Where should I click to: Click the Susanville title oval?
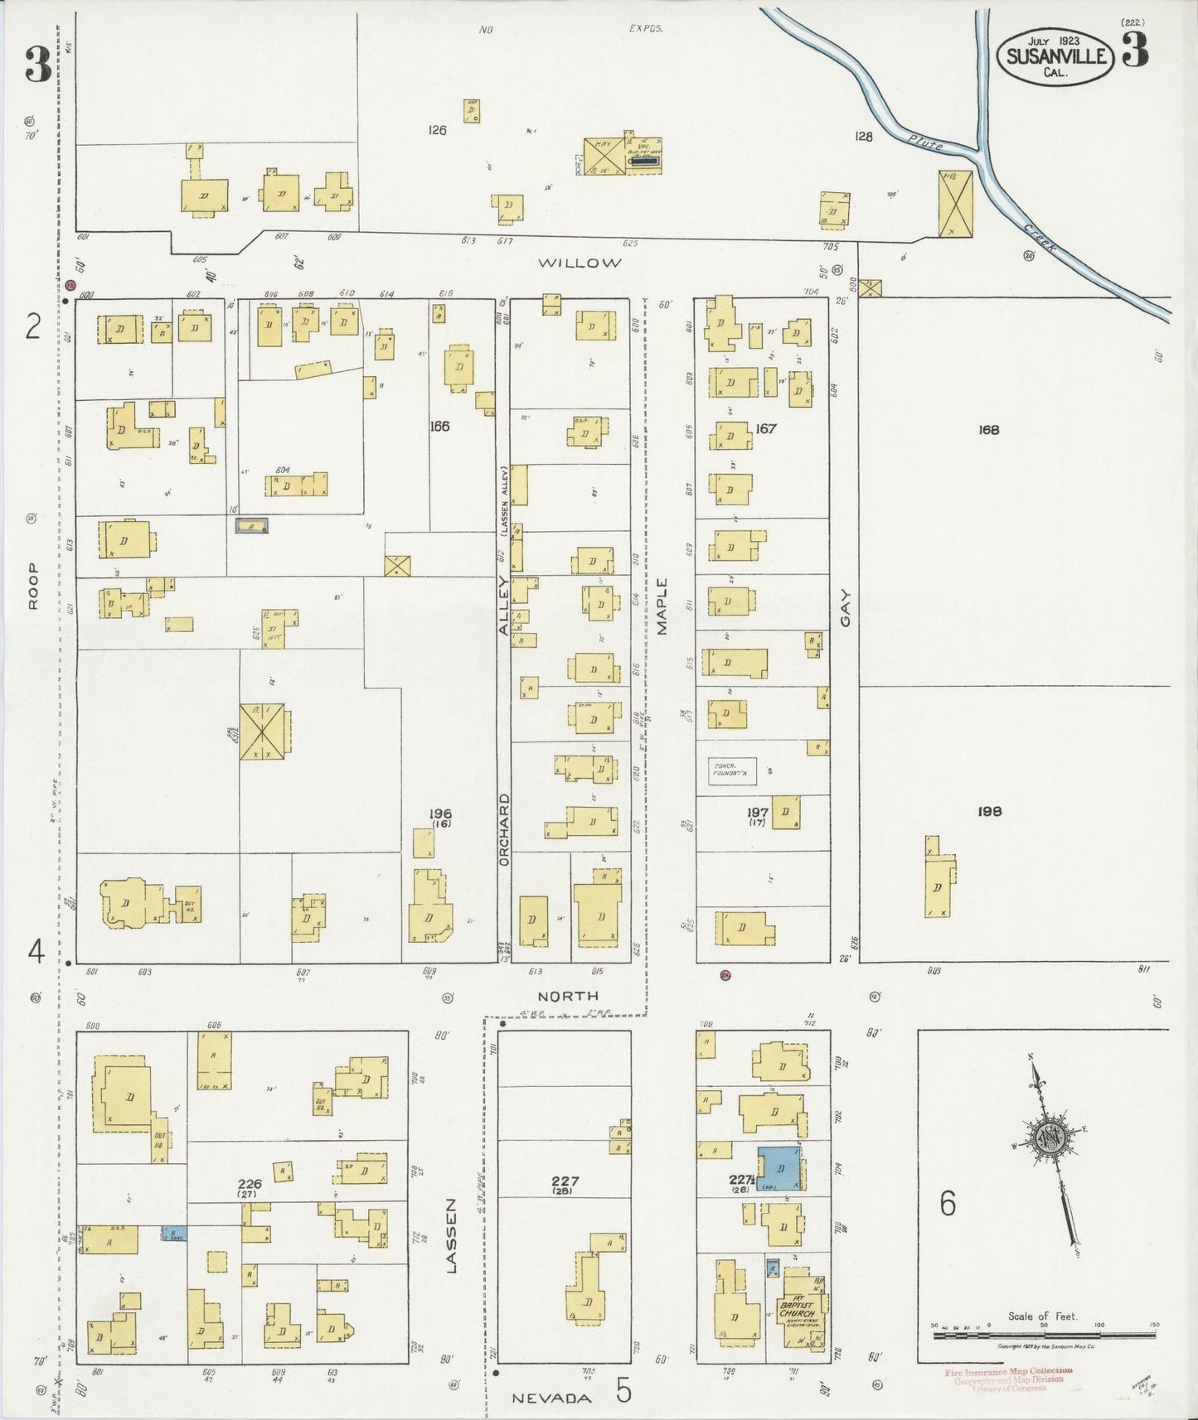click(1055, 56)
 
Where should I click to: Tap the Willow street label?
click(580, 263)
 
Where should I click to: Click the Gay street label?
click(845, 608)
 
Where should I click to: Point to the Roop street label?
click(33, 586)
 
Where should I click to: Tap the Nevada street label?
click(551, 1398)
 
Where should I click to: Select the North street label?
click(568, 996)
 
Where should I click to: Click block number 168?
click(988, 429)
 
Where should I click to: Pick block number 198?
click(989, 811)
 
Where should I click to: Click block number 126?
click(437, 130)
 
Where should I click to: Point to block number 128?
click(864, 137)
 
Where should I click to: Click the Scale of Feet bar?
click(1043, 1326)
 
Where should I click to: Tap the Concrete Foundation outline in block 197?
click(732, 771)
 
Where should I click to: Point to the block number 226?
click(249, 1184)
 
